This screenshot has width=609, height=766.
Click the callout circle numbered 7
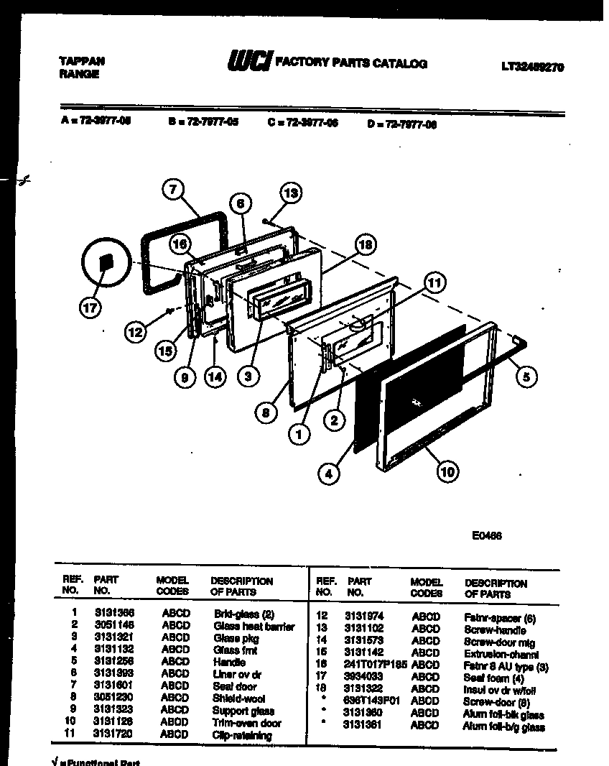(172, 190)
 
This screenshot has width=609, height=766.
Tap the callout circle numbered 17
(90, 308)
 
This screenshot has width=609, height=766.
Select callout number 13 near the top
(289, 193)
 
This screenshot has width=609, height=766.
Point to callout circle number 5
(526, 376)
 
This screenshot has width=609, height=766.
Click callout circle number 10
(448, 471)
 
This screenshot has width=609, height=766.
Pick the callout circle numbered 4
(328, 474)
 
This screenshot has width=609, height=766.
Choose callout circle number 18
(365, 245)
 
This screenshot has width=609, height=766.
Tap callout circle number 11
(433, 282)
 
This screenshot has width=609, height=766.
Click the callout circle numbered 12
(135, 331)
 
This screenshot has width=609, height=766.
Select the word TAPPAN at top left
(80, 61)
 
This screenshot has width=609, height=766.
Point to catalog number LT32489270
(532, 67)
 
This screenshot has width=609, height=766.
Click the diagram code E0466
(486, 535)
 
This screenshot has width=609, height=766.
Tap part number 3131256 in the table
(114, 662)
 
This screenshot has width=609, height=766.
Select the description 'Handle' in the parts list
(229, 662)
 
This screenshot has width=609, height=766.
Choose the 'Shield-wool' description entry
(238, 698)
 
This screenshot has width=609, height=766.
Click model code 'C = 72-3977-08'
(302, 123)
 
